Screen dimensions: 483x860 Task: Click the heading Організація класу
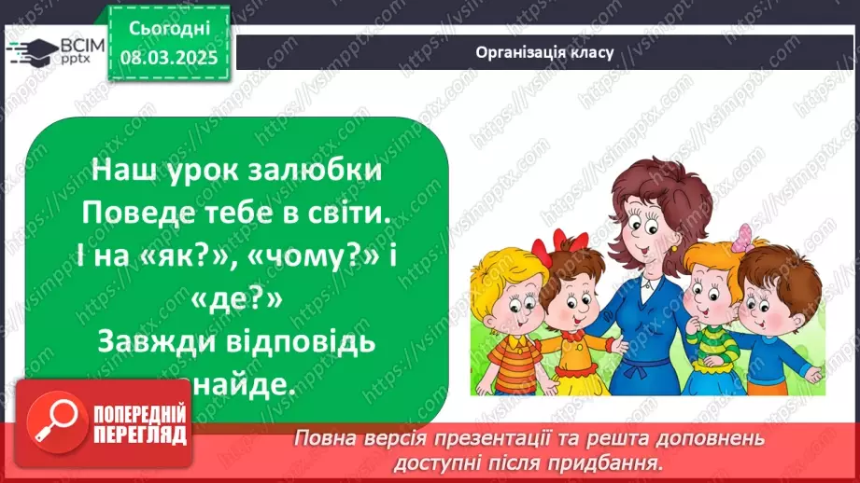(543, 52)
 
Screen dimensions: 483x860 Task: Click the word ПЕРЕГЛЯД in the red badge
(139, 435)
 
